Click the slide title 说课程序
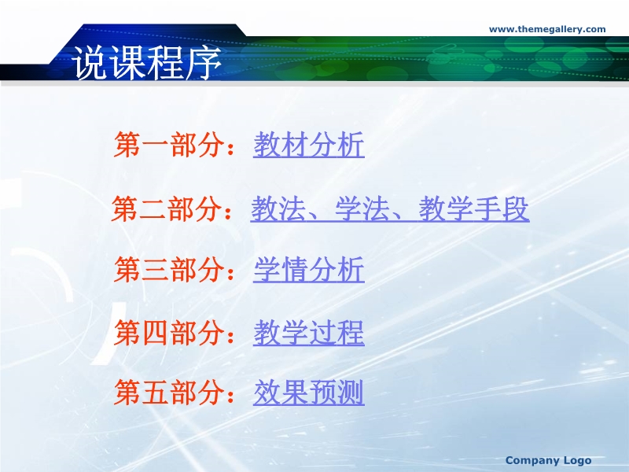coord(146,62)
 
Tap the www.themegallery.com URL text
coord(547,29)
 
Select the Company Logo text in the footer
coord(548,460)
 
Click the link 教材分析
coord(309,145)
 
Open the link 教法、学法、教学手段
coord(390,208)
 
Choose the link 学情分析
coord(309,270)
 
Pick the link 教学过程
coord(309,333)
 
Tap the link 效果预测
coord(309,392)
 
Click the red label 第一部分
coord(169,145)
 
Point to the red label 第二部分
coord(167,208)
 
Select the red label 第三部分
coord(169,270)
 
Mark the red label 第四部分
coord(169,333)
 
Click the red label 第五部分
coord(169,392)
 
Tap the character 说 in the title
coord(90,62)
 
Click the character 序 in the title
coord(204,62)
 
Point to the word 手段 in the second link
coord(502,208)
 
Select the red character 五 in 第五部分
coord(155,392)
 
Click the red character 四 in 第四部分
coord(155,333)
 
